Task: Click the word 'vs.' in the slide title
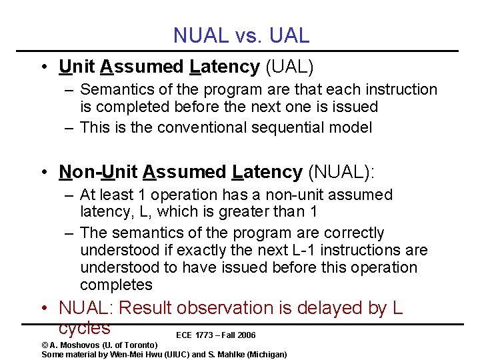pos(249,35)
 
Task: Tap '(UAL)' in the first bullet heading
pos(289,67)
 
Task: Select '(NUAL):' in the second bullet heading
pos(341,172)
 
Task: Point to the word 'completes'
pos(116,285)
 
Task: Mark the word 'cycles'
pos(84,328)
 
